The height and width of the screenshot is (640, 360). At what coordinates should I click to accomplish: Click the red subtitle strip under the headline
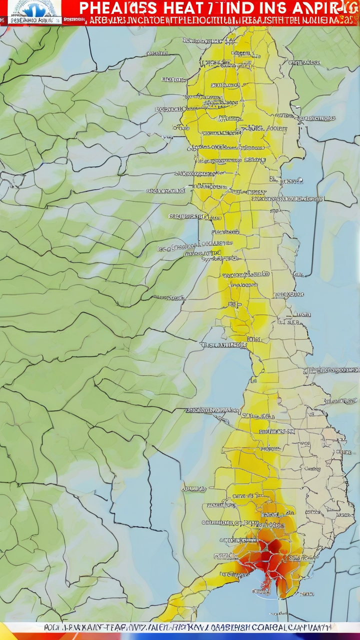210,20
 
